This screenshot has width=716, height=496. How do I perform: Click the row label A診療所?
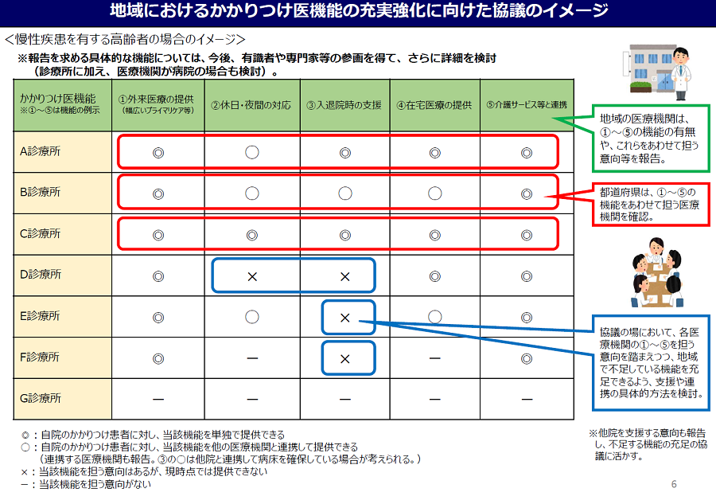coord(41,151)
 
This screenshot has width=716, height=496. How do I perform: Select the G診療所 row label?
coord(41,398)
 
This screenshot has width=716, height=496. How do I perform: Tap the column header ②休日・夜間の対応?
coord(251,105)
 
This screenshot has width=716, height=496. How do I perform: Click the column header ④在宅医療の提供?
coord(434,105)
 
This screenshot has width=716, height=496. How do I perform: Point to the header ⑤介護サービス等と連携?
coord(527,104)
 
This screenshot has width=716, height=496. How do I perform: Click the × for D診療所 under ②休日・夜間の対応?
coord(252,276)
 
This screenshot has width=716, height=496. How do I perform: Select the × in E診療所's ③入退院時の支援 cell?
coord(345,317)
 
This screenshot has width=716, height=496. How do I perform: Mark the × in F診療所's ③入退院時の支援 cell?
coord(345,359)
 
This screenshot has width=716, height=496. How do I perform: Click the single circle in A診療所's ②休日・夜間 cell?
coord(252,152)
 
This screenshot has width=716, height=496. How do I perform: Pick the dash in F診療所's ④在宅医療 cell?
coord(434,358)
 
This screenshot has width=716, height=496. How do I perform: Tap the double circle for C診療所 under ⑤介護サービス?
coord(527,235)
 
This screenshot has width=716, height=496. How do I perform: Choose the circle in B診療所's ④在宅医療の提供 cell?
coord(434,193)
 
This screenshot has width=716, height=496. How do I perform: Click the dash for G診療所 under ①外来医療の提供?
coord(158,400)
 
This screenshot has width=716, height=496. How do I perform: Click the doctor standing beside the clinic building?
coord(680,73)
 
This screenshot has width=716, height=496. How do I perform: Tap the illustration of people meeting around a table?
coord(656,272)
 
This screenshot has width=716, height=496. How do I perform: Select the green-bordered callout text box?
coord(651,139)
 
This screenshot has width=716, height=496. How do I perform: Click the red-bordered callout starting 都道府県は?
coord(651,205)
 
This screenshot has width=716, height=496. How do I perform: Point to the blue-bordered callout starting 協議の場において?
coord(651,362)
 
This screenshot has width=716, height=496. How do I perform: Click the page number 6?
coord(674,483)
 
